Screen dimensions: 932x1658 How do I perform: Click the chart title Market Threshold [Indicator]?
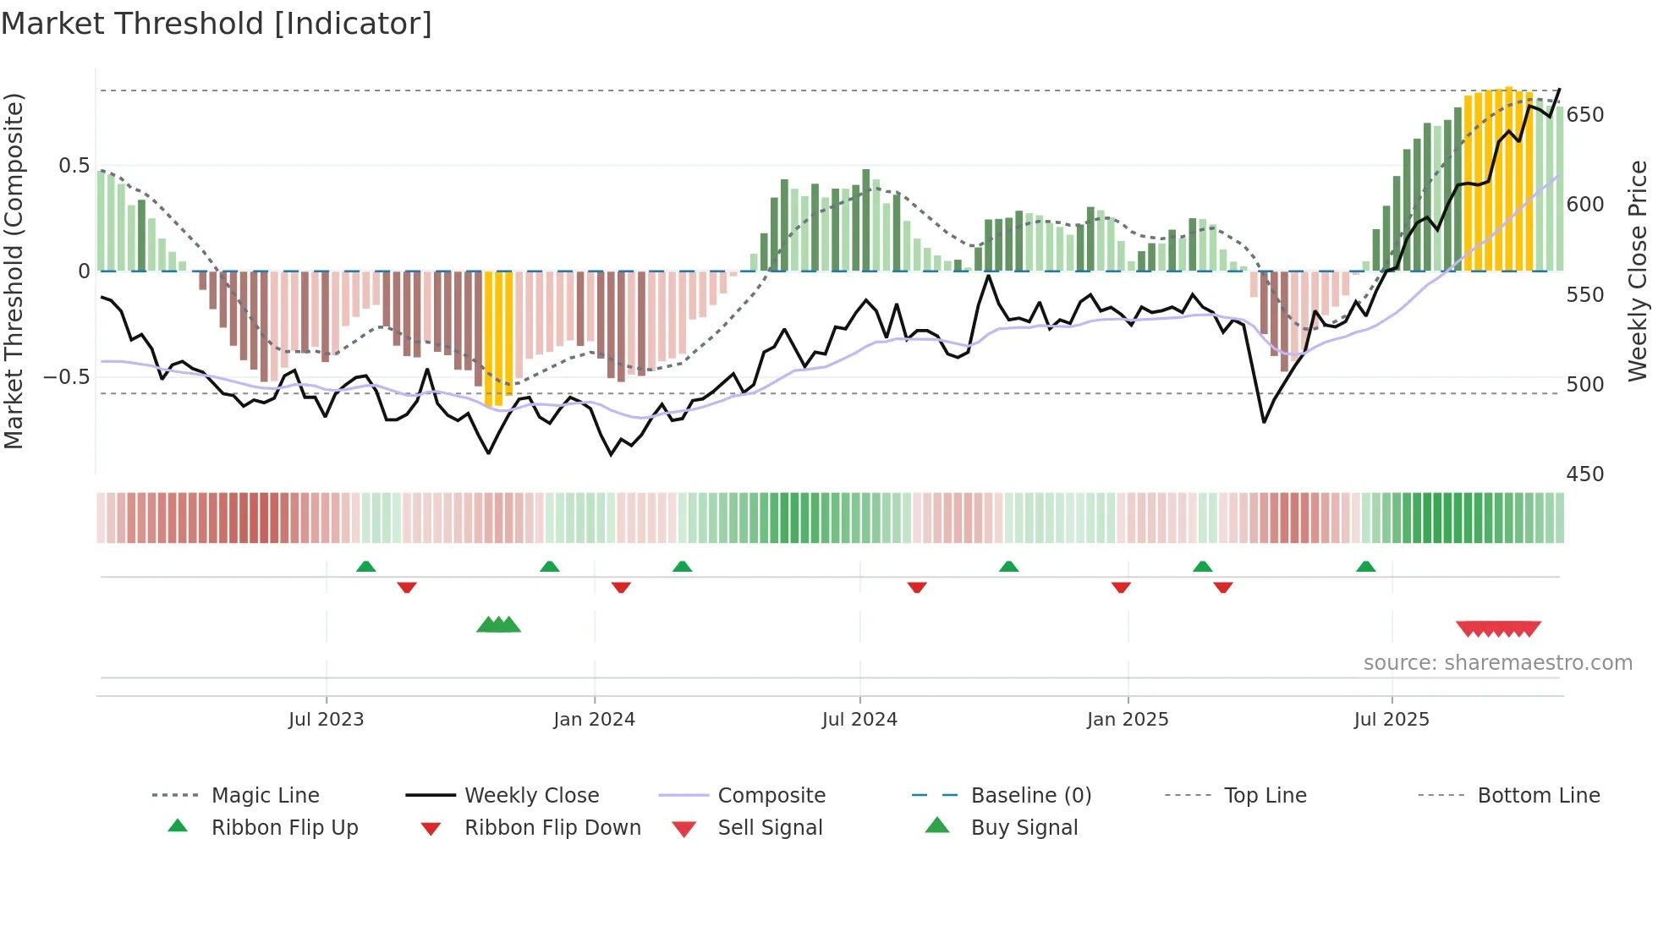click(217, 24)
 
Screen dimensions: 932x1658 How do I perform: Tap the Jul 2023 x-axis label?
click(326, 720)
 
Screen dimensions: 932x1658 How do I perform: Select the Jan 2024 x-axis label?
click(594, 720)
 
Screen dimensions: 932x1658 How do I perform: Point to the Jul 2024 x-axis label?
click(859, 720)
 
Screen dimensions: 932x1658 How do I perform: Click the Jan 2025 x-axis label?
click(1128, 720)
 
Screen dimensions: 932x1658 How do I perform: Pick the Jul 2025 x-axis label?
click(1392, 720)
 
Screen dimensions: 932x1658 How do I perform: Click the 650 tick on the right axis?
click(1584, 115)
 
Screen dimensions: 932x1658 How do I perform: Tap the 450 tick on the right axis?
click(1584, 474)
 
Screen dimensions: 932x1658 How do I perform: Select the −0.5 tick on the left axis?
click(66, 377)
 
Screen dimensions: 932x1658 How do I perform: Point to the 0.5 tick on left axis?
click(74, 166)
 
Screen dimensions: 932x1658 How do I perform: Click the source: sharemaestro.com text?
click(1497, 663)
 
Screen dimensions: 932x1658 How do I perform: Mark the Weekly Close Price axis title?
click(1638, 271)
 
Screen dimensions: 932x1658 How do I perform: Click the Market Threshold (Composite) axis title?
click(14, 271)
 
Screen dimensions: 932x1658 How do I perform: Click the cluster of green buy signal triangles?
click(498, 625)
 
